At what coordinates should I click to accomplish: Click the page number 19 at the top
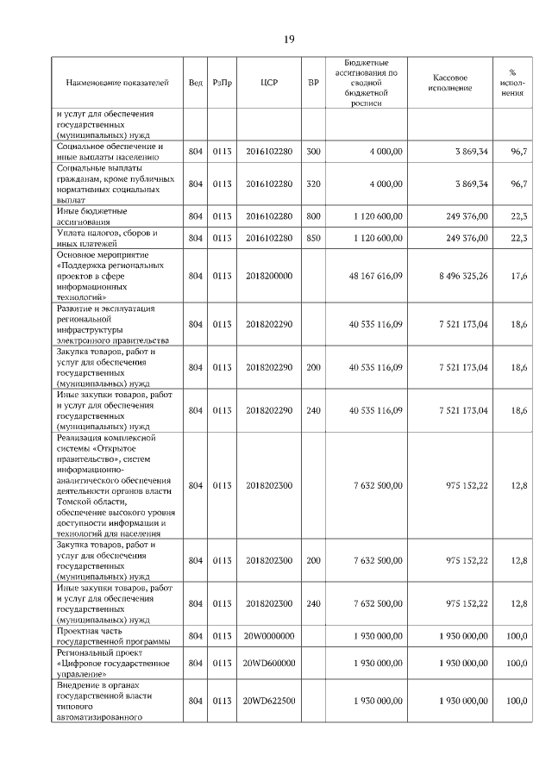[x=289, y=40]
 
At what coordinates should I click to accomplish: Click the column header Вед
[x=196, y=83]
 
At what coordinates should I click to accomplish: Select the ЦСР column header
[x=268, y=83]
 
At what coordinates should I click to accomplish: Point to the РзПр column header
[x=223, y=83]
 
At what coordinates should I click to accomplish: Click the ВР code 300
[x=313, y=152]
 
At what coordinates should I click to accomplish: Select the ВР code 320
[x=313, y=184]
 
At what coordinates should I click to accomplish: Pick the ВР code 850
[x=313, y=238]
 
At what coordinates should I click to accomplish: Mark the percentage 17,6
[x=519, y=276]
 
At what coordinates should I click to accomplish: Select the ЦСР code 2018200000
[x=269, y=276]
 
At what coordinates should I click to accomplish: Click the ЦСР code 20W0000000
[x=269, y=635]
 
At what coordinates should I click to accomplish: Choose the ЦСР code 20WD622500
[x=269, y=702]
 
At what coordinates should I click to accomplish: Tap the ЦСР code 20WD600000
[x=269, y=663]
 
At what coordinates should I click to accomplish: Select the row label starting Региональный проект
[x=108, y=663]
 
